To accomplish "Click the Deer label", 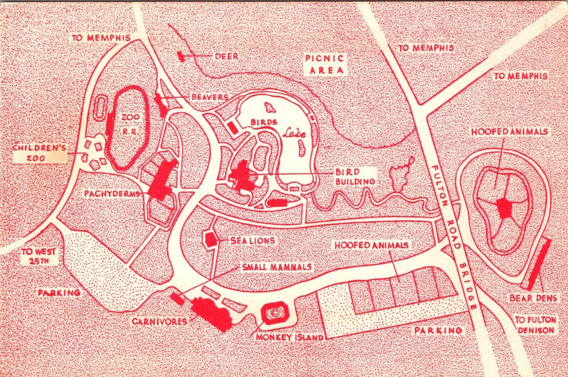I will [x=226, y=56].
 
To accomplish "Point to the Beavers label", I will [x=209, y=97].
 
